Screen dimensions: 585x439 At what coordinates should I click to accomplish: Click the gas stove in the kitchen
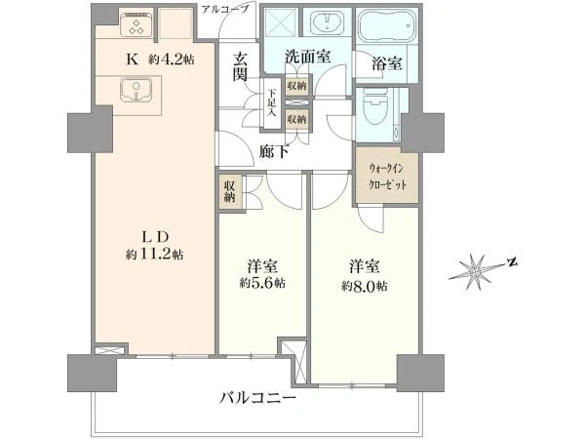point(136,23)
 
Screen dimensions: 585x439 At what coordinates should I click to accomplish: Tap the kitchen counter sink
point(136,91)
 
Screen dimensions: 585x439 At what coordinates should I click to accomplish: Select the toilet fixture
point(374,109)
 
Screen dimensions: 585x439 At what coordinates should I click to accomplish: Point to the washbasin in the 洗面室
point(328,22)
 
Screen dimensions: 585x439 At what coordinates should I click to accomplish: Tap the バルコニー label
point(257,398)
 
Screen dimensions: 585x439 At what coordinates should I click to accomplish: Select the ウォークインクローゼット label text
point(386,177)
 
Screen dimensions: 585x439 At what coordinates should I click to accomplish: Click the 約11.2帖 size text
point(154,255)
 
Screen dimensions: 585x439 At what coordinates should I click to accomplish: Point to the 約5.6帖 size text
point(262,284)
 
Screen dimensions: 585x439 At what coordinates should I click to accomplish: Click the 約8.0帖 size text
point(364,286)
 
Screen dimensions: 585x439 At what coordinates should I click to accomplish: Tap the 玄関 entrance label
point(241,66)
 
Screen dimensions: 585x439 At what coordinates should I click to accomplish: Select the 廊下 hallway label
point(274,151)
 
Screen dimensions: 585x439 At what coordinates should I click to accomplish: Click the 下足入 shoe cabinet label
point(273,102)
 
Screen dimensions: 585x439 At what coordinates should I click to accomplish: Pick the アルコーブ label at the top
point(224,9)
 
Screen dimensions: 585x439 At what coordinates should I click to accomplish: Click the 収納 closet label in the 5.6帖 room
point(229,192)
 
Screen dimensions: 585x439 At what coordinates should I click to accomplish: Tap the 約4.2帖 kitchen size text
point(172,59)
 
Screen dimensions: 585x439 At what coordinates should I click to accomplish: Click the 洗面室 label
point(308,57)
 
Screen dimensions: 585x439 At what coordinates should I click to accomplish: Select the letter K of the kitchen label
point(131,60)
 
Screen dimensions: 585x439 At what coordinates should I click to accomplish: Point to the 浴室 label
point(386,63)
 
